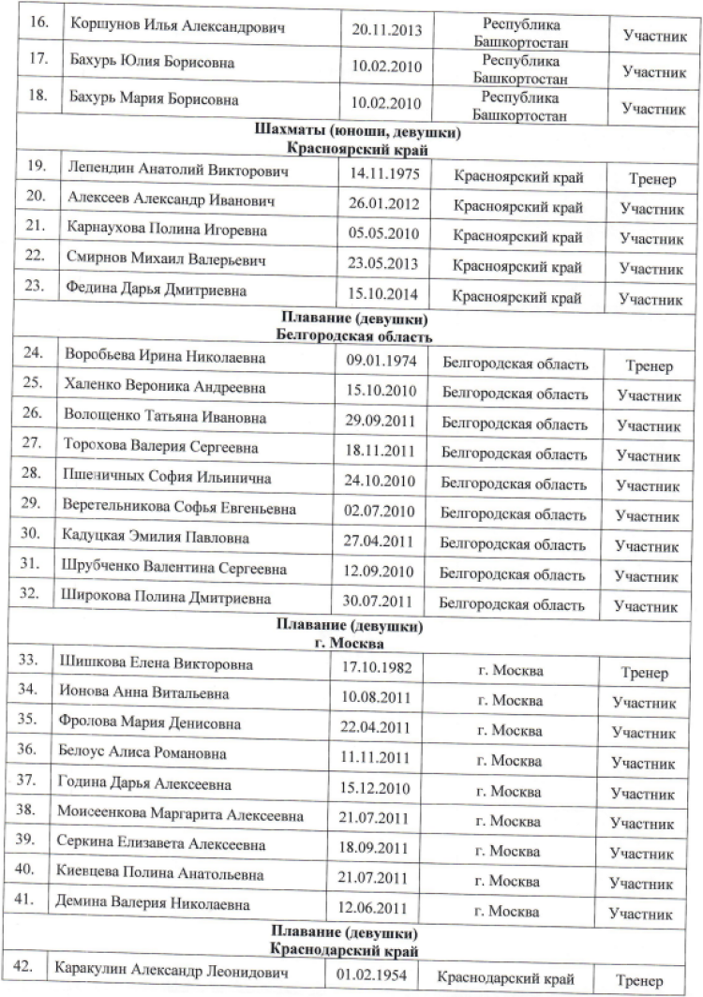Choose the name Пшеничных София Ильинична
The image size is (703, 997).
coord(168,479)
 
